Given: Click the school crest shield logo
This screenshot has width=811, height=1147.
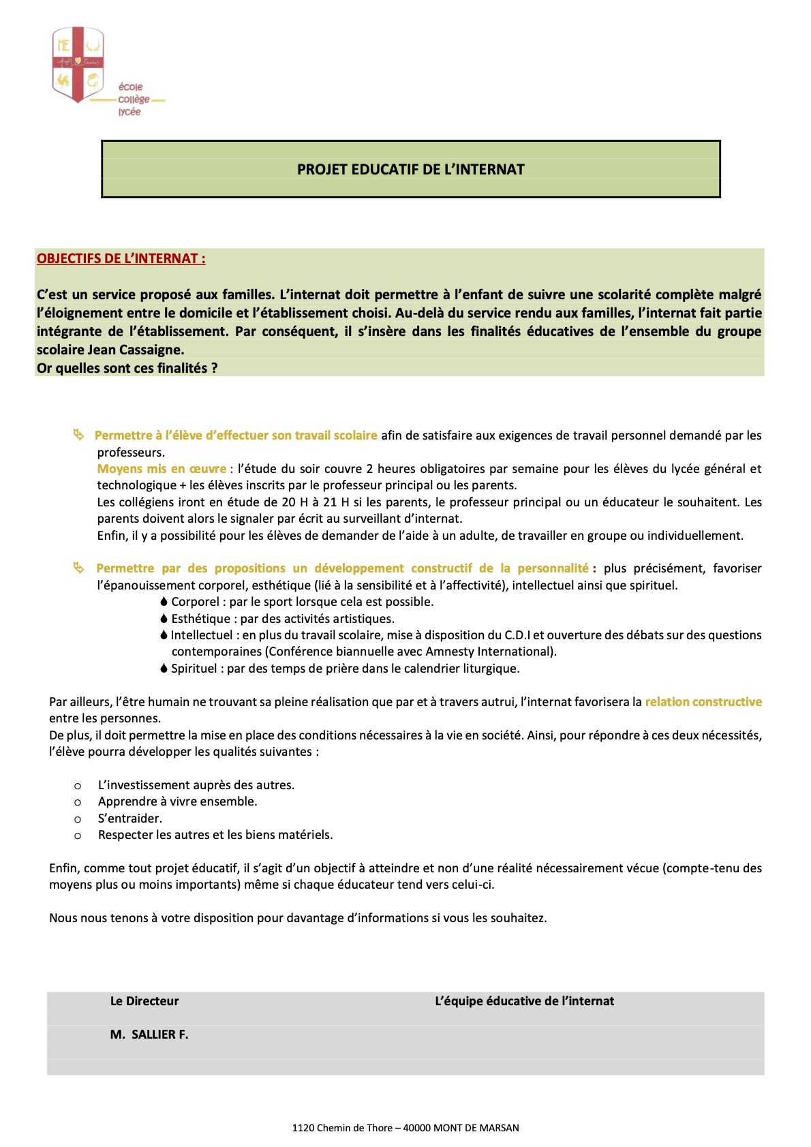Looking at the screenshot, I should (x=78, y=64).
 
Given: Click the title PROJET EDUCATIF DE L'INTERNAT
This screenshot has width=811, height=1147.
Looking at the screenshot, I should (x=410, y=169).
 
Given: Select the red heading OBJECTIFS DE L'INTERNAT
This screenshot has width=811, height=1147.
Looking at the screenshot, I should (x=121, y=258).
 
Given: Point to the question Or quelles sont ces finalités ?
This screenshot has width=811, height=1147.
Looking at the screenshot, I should (x=127, y=368).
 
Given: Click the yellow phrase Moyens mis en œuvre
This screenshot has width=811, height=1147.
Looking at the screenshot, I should (x=162, y=468).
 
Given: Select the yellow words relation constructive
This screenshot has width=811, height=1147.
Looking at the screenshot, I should (x=703, y=701).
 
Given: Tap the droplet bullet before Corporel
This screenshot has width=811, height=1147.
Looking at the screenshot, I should (x=164, y=601).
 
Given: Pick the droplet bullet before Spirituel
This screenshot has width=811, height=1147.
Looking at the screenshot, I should (x=164, y=668).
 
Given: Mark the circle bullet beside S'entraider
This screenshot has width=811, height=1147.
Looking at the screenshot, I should (x=78, y=819).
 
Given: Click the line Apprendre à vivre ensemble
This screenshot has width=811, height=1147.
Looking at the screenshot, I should (x=177, y=801).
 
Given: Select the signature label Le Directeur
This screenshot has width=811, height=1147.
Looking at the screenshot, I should (x=144, y=1000).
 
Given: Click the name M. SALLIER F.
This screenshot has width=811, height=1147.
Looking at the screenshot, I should (x=149, y=1034).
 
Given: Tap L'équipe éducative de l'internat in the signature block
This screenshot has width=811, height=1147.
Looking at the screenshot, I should (x=524, y=1000).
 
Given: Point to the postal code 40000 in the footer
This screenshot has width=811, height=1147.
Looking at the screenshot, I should (x=416, y=1127).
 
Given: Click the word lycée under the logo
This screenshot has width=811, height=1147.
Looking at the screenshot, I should (x=129, y=112).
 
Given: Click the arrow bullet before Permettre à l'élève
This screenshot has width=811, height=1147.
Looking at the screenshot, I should (x=79, y=434).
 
